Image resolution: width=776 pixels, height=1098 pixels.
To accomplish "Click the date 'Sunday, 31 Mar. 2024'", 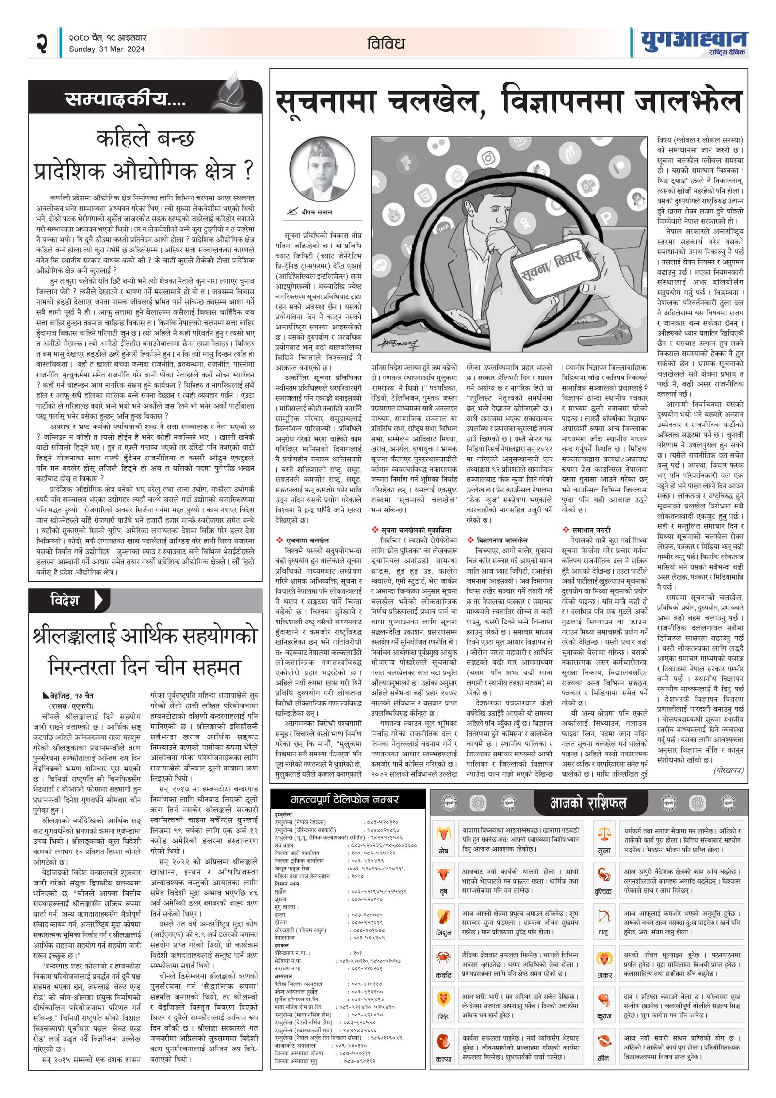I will (x=106, y=49).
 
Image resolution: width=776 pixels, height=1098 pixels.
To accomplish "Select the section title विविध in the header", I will (x=386, y=44).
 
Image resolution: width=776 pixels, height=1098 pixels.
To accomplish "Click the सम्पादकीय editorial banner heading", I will (x=125, y=99).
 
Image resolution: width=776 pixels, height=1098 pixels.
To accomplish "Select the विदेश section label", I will (x=65, y=600).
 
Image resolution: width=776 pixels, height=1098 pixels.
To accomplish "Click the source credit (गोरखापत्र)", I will (x=727, y=770).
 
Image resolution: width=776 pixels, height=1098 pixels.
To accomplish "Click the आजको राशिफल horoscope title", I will (x=588, y=803).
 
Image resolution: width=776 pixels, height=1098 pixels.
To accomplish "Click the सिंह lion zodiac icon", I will (x=443, y=999).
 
